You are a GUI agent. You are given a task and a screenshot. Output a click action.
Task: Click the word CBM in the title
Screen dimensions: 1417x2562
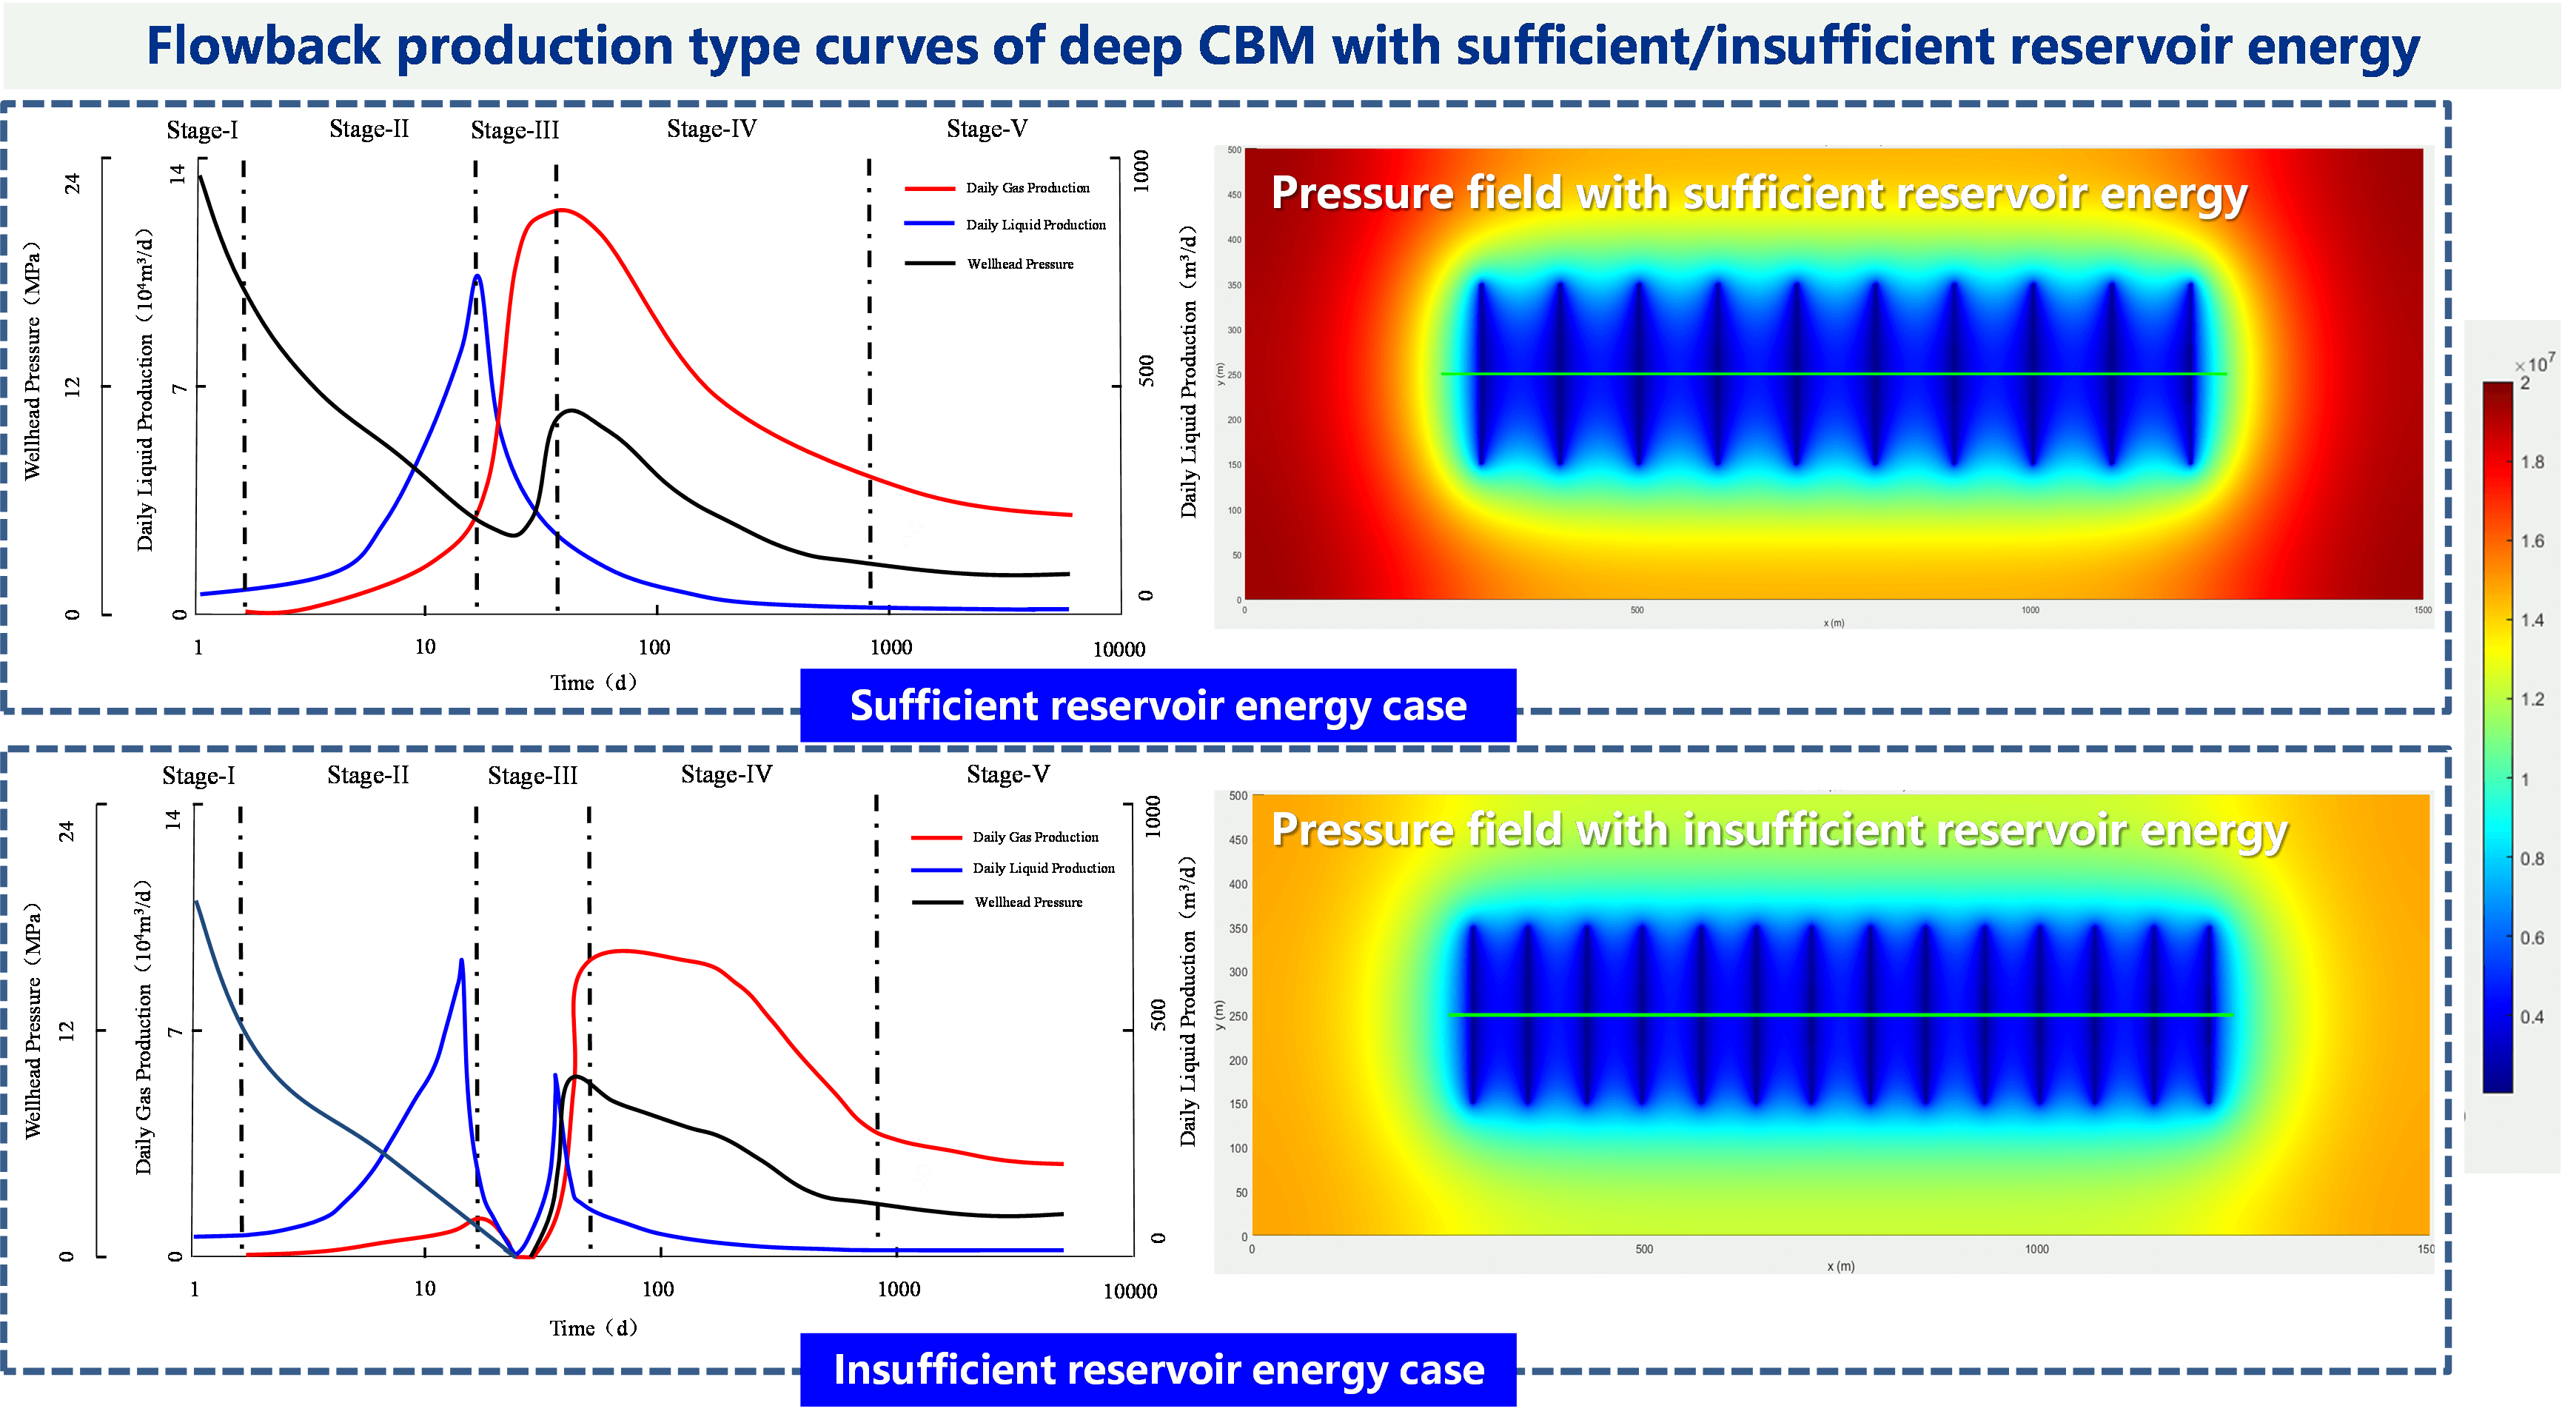(x=1256, y=46)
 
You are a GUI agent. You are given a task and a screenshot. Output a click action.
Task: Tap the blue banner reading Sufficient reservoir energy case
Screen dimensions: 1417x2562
(x=1158, y=705)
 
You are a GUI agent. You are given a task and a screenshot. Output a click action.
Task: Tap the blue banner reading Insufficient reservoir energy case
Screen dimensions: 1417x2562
(x=1158, y=1370)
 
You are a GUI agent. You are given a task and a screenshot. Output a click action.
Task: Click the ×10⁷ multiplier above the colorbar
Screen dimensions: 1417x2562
(x=2535, y=365)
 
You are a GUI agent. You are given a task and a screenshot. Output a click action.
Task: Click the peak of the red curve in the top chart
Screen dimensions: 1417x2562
(x=560, y=210)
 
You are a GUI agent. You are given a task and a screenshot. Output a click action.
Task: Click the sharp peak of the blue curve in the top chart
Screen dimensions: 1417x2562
(x=478, y=276)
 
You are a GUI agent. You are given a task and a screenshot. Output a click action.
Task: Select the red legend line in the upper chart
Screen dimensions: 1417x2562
(x=930, y=188)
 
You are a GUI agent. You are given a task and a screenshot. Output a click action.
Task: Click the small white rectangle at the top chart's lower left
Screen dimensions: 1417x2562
(x=228, y=605)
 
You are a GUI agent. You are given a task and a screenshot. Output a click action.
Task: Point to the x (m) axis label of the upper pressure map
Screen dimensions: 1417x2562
(x=1833, y=623)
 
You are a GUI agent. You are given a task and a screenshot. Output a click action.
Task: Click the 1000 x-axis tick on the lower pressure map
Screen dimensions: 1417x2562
(x=2036, y=1249)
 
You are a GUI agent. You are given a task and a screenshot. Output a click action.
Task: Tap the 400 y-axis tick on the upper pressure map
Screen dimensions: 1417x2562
(x=1234, y=240)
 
